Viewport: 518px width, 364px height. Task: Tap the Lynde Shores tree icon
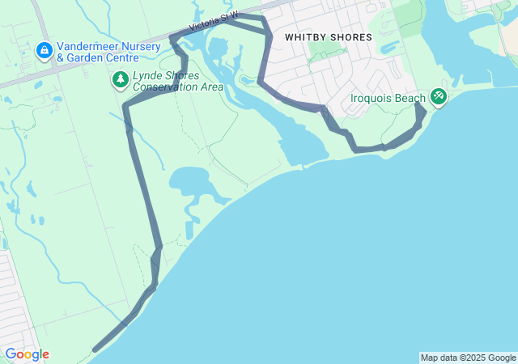click(x=120, y=79)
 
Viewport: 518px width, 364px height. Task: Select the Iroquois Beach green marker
click(x=438, y=96)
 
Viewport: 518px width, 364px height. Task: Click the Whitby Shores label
click(x=328, y=37)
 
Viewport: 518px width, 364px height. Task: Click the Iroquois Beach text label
click(x=387, y=99)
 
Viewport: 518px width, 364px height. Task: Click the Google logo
click(x=27, y=354)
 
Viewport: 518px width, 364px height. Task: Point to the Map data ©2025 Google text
click(x=467, y=358)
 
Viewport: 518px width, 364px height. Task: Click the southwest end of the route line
click(x=95, y=350)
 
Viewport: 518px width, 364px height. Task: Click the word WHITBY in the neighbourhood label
click(x=305, y=37)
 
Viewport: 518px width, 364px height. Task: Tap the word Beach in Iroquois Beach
click(x=410, y=99)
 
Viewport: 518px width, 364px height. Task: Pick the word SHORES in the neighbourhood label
click(x=351, y=37)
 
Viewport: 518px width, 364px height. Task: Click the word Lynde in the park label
click(x=148, y=75)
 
